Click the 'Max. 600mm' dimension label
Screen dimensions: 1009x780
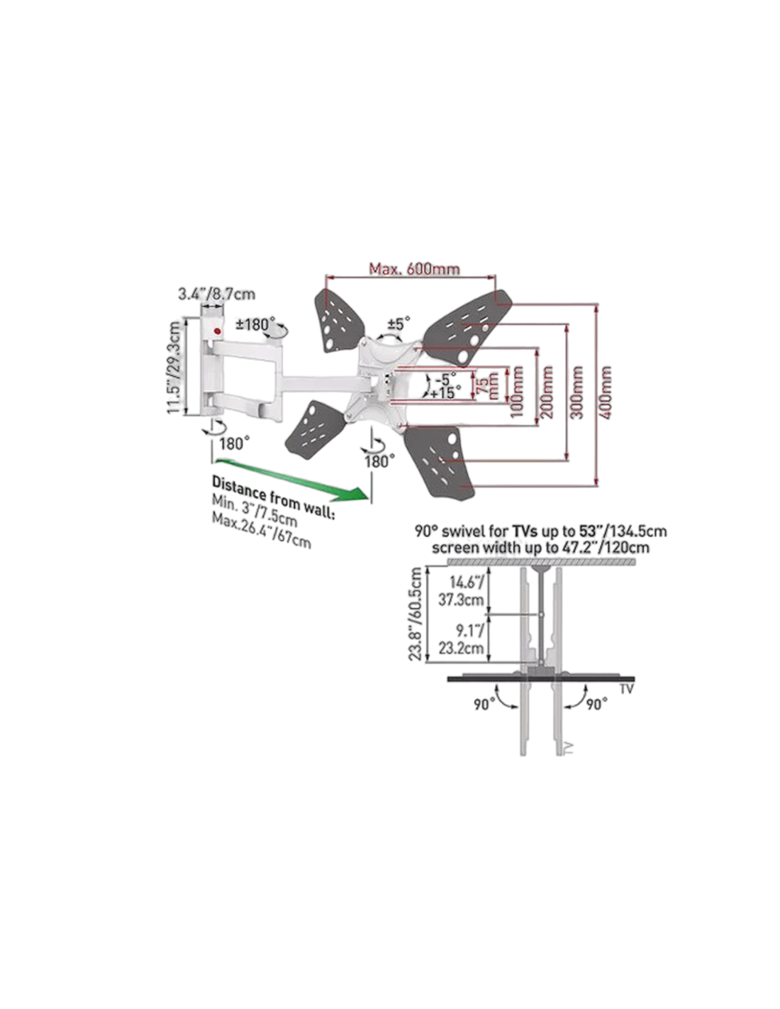click(x=414, y=269)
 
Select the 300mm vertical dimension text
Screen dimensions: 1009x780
click(x=578, y=392)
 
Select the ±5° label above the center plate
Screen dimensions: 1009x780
click(x=394, y=324)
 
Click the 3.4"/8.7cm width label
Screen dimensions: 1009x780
click(x=216, y=294)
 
